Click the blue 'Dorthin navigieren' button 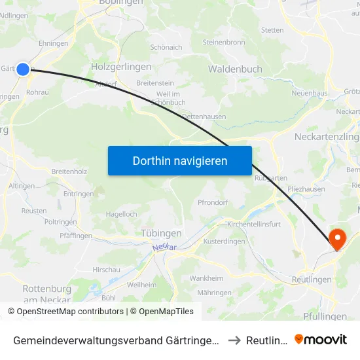(x=180, y=160)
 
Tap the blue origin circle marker (x=23, y=69)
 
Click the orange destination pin (x=338, y=239)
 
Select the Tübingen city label (x=161, y=233)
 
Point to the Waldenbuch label (x=235, y=69)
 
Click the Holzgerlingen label (x=121, y=67)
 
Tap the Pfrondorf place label (x=213, y=202)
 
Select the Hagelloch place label (x=121, y=214)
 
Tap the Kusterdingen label (x=224, y=242)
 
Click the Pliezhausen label (x=306, y=189)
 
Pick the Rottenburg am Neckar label (x=47, y=294)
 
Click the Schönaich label (x=166, y=47)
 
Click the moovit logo (x=321, y=340)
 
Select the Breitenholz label (x=69, y=171)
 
